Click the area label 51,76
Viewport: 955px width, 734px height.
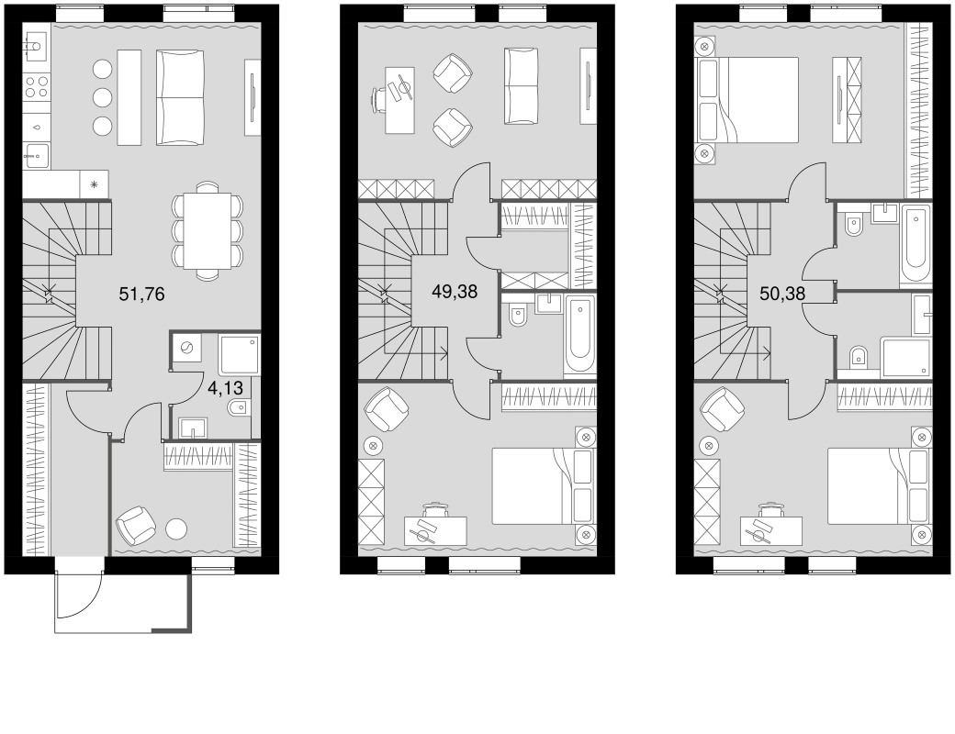click(x=142, y=295)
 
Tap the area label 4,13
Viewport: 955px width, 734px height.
click(x=225, y=388)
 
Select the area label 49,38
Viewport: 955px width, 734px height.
click(x=455, y=293)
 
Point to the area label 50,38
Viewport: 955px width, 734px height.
click(x=783, y=294)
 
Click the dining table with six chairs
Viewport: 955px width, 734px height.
click(x=208, y=230)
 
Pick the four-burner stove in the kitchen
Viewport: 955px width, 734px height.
click(x=36, y=88)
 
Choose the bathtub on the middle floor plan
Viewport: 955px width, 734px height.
click(x=579, y=337)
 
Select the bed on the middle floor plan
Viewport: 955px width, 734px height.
click(x=538, y=485)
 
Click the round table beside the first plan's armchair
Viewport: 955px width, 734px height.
click(x=176, y=528)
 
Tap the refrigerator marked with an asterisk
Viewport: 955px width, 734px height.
click(x=94, y=183)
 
